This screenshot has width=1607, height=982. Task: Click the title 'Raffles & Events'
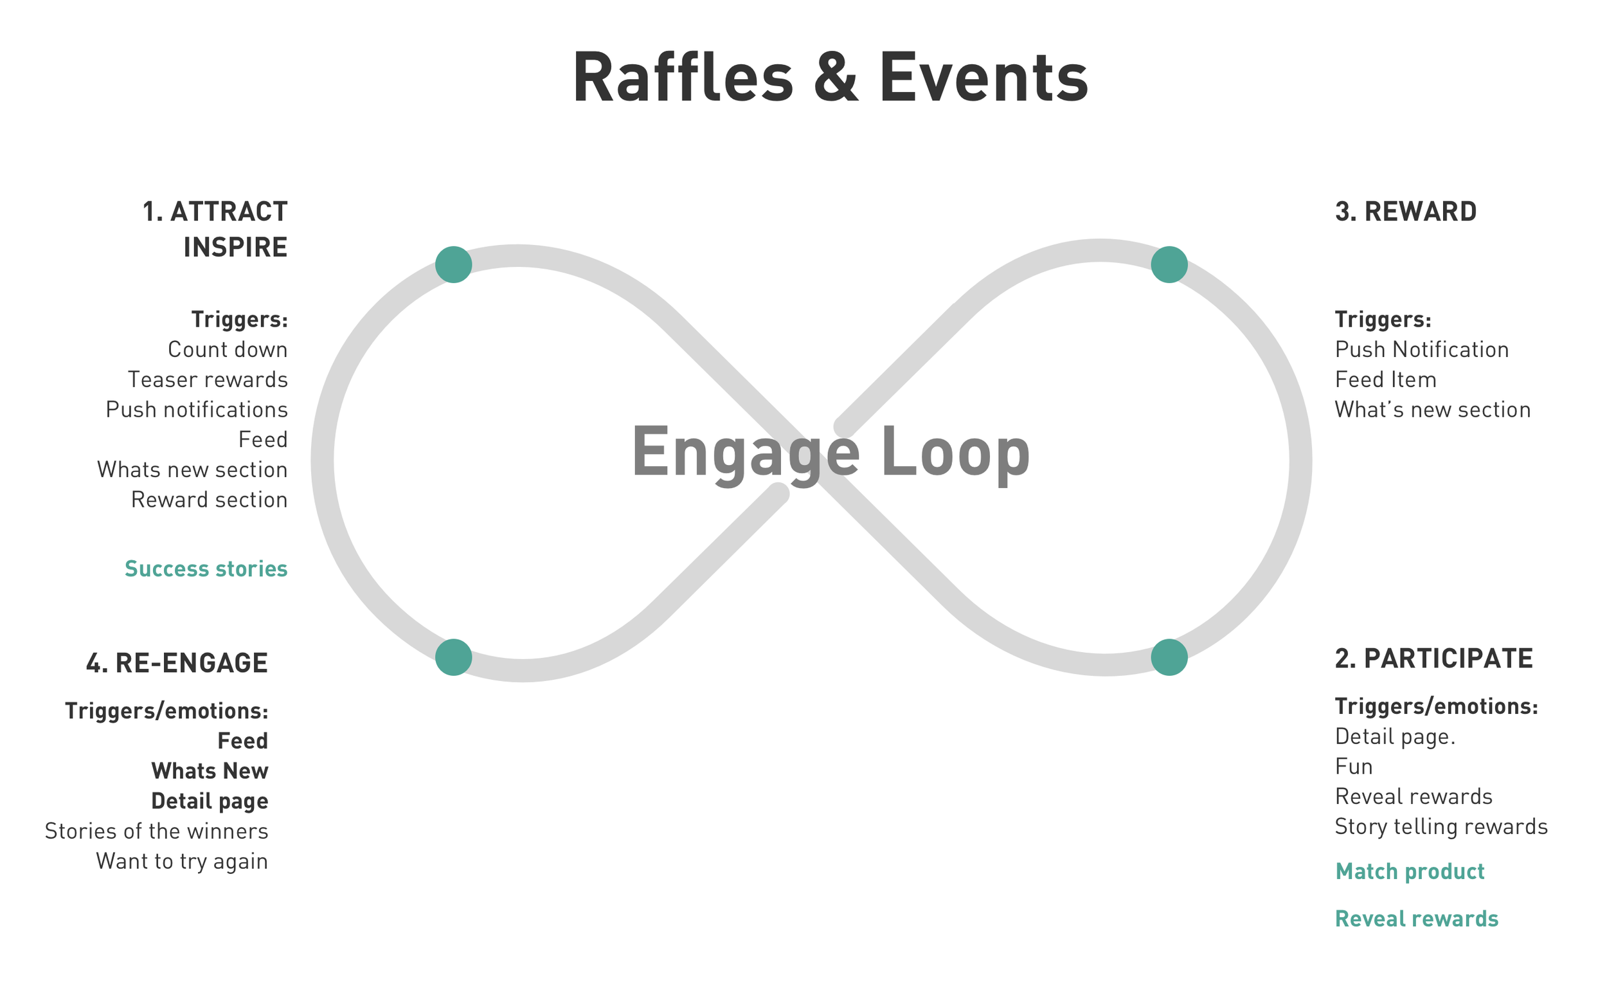(x=830, y=78)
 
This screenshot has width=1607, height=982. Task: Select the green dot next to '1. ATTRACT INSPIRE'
(x=453, y=264)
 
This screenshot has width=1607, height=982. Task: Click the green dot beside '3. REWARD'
(x=1169, y=264)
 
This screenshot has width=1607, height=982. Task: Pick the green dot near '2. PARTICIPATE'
(x=1169, y=657)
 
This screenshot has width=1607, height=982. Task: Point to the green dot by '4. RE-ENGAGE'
(x=453, y=657)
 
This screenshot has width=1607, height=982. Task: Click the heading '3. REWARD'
(x=1405, y=212)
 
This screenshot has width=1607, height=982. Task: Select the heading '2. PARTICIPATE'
(x=1433, y=659)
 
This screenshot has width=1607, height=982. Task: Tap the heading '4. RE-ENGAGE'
(x=177, y=663)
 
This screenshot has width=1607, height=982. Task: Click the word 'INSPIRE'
(x=235, y=248)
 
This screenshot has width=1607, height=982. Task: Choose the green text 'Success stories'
(x=206, y=569)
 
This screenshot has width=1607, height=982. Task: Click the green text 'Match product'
(x=1410, y=872)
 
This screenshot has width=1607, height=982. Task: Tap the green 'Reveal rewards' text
(x=1417, y=920)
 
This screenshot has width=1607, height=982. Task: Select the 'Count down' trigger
(x=228, y=350)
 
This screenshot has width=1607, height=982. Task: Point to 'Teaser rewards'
(x=208, y=380)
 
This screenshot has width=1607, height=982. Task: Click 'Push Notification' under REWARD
(x=1422, y=350)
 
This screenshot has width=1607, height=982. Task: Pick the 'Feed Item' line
(x=1385, y=380)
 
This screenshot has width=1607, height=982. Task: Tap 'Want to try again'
(x=182, y=861)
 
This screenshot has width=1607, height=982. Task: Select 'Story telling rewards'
(x=1441, y=827)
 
